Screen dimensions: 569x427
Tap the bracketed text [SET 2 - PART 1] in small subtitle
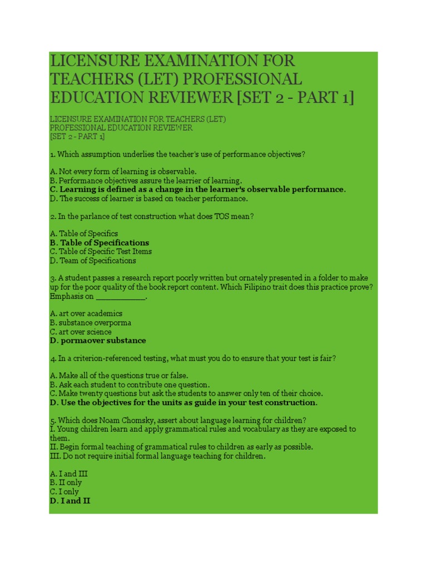click(x=77, y=137)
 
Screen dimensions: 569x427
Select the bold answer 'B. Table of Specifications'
click(x=100, y=243)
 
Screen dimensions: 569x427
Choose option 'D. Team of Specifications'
click(x=93, y=261)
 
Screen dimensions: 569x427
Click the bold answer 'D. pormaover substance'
click(x=98, y=341)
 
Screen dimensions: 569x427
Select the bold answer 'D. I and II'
click(x=70, y=501)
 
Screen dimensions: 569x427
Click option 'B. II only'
click(x=66, y=483)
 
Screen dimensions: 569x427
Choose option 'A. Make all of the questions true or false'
click(x=119, y=376)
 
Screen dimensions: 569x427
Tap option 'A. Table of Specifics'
click(x=84, y=234)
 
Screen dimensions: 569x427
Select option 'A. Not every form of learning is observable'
click(x=123, y=172)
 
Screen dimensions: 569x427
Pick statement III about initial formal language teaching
click(x=157, y=456)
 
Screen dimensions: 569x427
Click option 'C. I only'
click(x=64, y=492)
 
